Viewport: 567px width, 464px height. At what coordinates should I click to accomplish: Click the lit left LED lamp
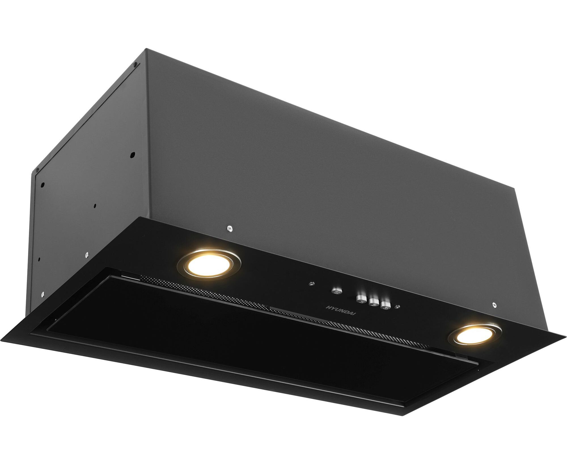click(x=209, y=264)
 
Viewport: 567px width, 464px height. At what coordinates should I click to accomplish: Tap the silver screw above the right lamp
click(x=494, y=305)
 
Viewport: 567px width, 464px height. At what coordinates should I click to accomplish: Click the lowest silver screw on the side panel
click(x=43, y=294)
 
